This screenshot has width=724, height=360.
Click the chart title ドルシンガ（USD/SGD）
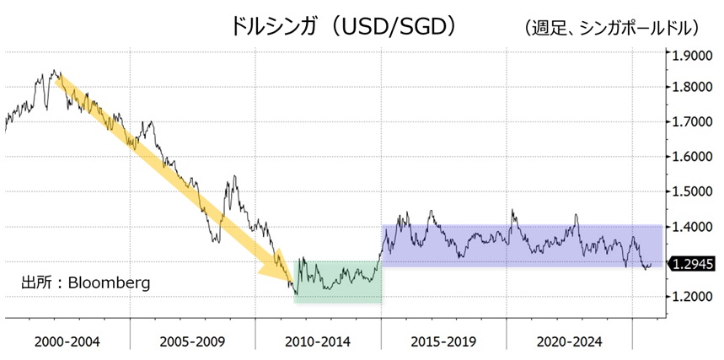pyautogui.click(x=345, y=26)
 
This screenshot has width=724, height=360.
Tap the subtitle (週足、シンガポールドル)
pyautogui.click(x=612, y=28)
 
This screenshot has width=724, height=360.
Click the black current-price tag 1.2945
pyautogui.click(x=692, y=264)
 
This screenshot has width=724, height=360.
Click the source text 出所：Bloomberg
pyautogui.click(x=85, y=282)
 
